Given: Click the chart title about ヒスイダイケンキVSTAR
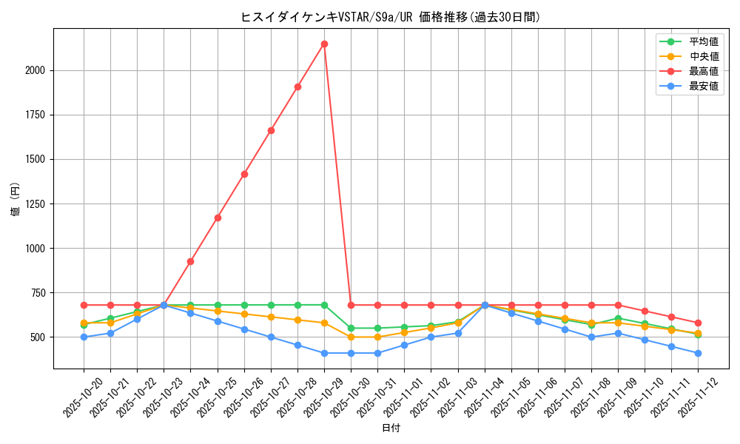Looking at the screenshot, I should [390, 17].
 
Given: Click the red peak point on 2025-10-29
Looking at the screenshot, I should [324, 44].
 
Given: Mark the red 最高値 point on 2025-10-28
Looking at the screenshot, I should [297, 87].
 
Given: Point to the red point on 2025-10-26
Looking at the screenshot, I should [244, 174].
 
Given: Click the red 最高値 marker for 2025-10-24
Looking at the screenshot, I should [190, 261].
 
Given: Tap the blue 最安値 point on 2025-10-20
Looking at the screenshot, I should [84, 337].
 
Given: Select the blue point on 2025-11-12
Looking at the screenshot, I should [698, 353].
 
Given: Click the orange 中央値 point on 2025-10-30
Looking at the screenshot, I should [351, 337].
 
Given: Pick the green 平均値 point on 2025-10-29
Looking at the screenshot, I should [324, 305].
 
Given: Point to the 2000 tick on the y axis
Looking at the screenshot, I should [36, 70].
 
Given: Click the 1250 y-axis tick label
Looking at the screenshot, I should [36, 203].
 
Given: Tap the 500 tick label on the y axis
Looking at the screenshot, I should [38, 337].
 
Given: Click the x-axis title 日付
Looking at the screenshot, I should [391, 428].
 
